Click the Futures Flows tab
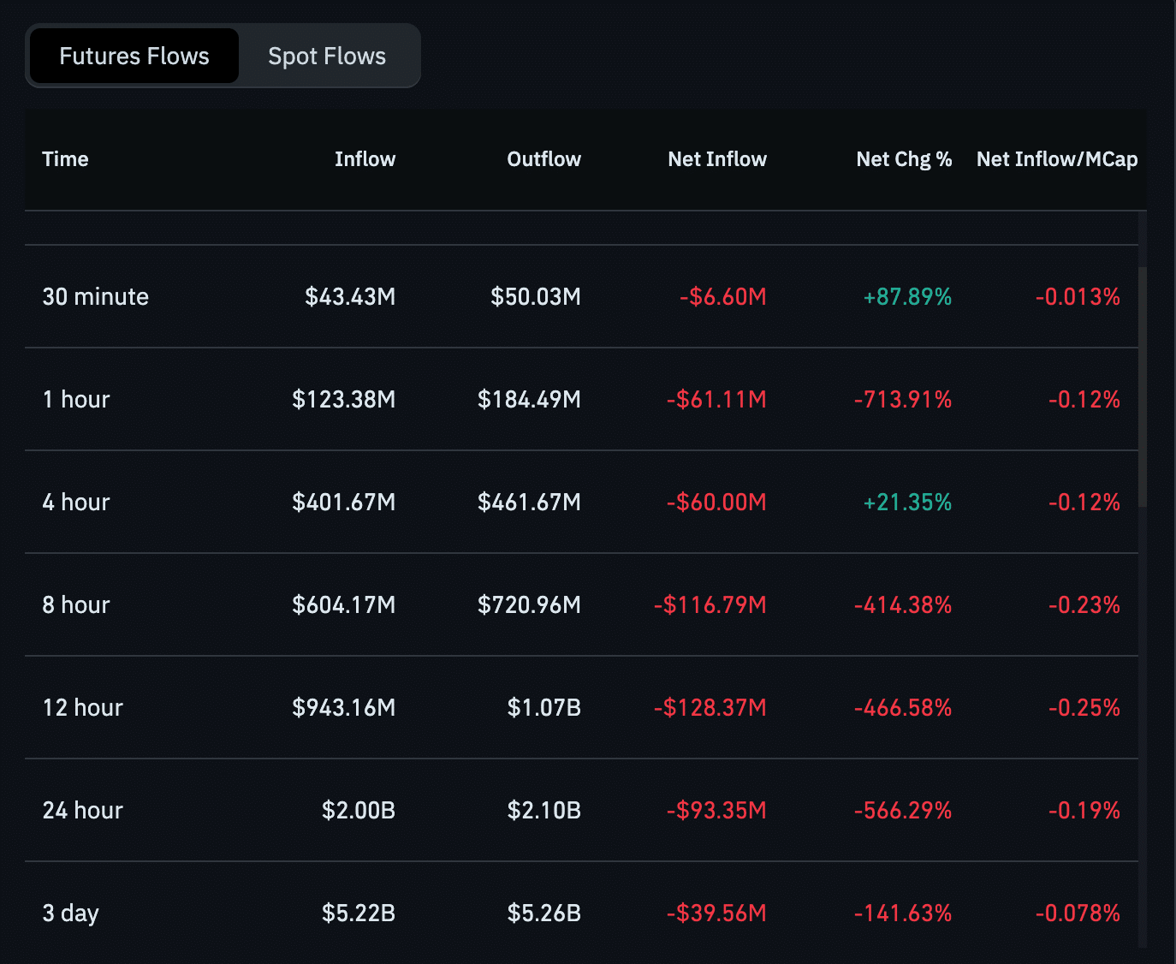134,57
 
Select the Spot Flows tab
327,57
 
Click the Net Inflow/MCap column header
1057,159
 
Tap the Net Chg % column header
904,159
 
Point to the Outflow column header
543,159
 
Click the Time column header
65,159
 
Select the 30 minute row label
96,297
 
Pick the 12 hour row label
83,708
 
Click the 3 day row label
71,913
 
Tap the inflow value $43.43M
350,297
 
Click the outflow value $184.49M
529,400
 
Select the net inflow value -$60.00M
716,503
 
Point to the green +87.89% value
907,297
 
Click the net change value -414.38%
903,605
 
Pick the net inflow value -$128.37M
710,708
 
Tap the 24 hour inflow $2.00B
359,811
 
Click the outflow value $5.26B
544,913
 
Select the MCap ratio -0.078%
1078,913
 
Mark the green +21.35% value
907,503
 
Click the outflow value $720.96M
529,605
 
